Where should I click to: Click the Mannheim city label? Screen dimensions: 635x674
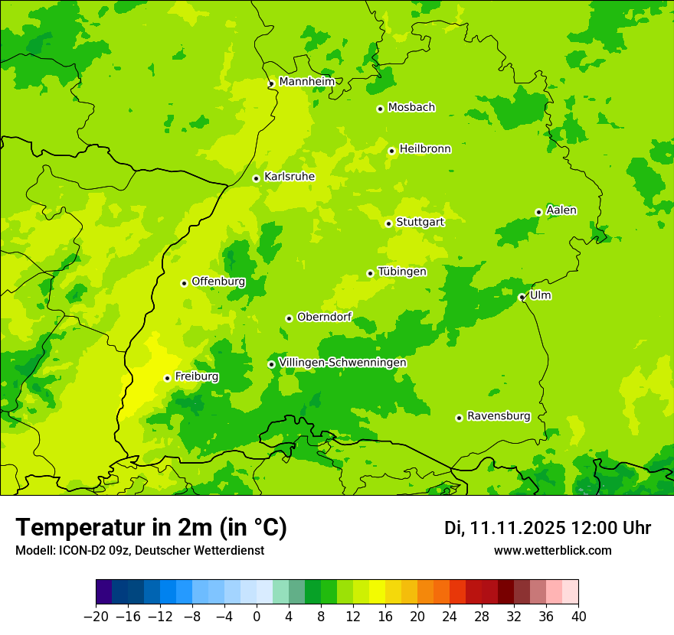coord(306,82)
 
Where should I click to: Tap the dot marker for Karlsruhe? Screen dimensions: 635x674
coord(257,178)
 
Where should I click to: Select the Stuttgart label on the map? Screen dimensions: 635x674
coord(420,222)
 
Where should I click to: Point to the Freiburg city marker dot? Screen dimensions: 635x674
coord(167,378)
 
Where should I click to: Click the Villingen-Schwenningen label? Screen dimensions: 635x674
coord(342,363)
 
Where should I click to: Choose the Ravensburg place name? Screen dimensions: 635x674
coord(498,416)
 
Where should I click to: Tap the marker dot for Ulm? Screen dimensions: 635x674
coord(522,298)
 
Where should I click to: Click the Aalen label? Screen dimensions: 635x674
coord(561,210)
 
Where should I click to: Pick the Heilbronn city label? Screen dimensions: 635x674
coord(425,149)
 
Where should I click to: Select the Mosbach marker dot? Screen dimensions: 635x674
coord(380,109)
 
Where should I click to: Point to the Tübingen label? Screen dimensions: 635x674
coord(402,272)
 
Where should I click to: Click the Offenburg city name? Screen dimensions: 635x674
coord(218,282)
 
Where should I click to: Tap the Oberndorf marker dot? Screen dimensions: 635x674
coord(289,318)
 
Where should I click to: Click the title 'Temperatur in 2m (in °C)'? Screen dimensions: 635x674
coord(151,527)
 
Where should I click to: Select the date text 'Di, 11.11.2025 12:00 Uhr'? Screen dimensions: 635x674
coord(548,528)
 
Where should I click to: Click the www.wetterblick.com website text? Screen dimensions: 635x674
coord(552,551)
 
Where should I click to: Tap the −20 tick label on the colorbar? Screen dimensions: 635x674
coord(96,617)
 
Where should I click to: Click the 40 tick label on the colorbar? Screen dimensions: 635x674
coord(578,617)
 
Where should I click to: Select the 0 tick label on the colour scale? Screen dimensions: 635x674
coord(257,617)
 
